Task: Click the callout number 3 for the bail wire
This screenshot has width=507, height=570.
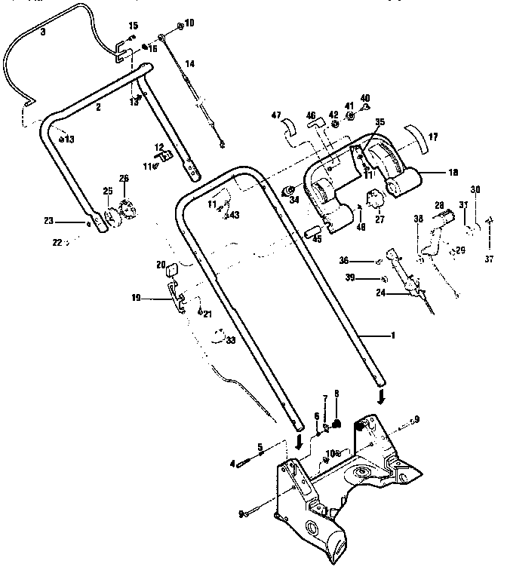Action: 42,32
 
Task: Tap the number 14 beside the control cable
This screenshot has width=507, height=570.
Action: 189,65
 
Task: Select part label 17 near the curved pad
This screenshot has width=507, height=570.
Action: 433,138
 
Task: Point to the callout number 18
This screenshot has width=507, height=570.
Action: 453,173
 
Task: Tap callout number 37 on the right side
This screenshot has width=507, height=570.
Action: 489,260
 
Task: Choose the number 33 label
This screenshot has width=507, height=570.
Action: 229,341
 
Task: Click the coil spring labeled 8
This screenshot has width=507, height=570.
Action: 338,423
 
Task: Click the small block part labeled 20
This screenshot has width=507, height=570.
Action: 171,266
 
